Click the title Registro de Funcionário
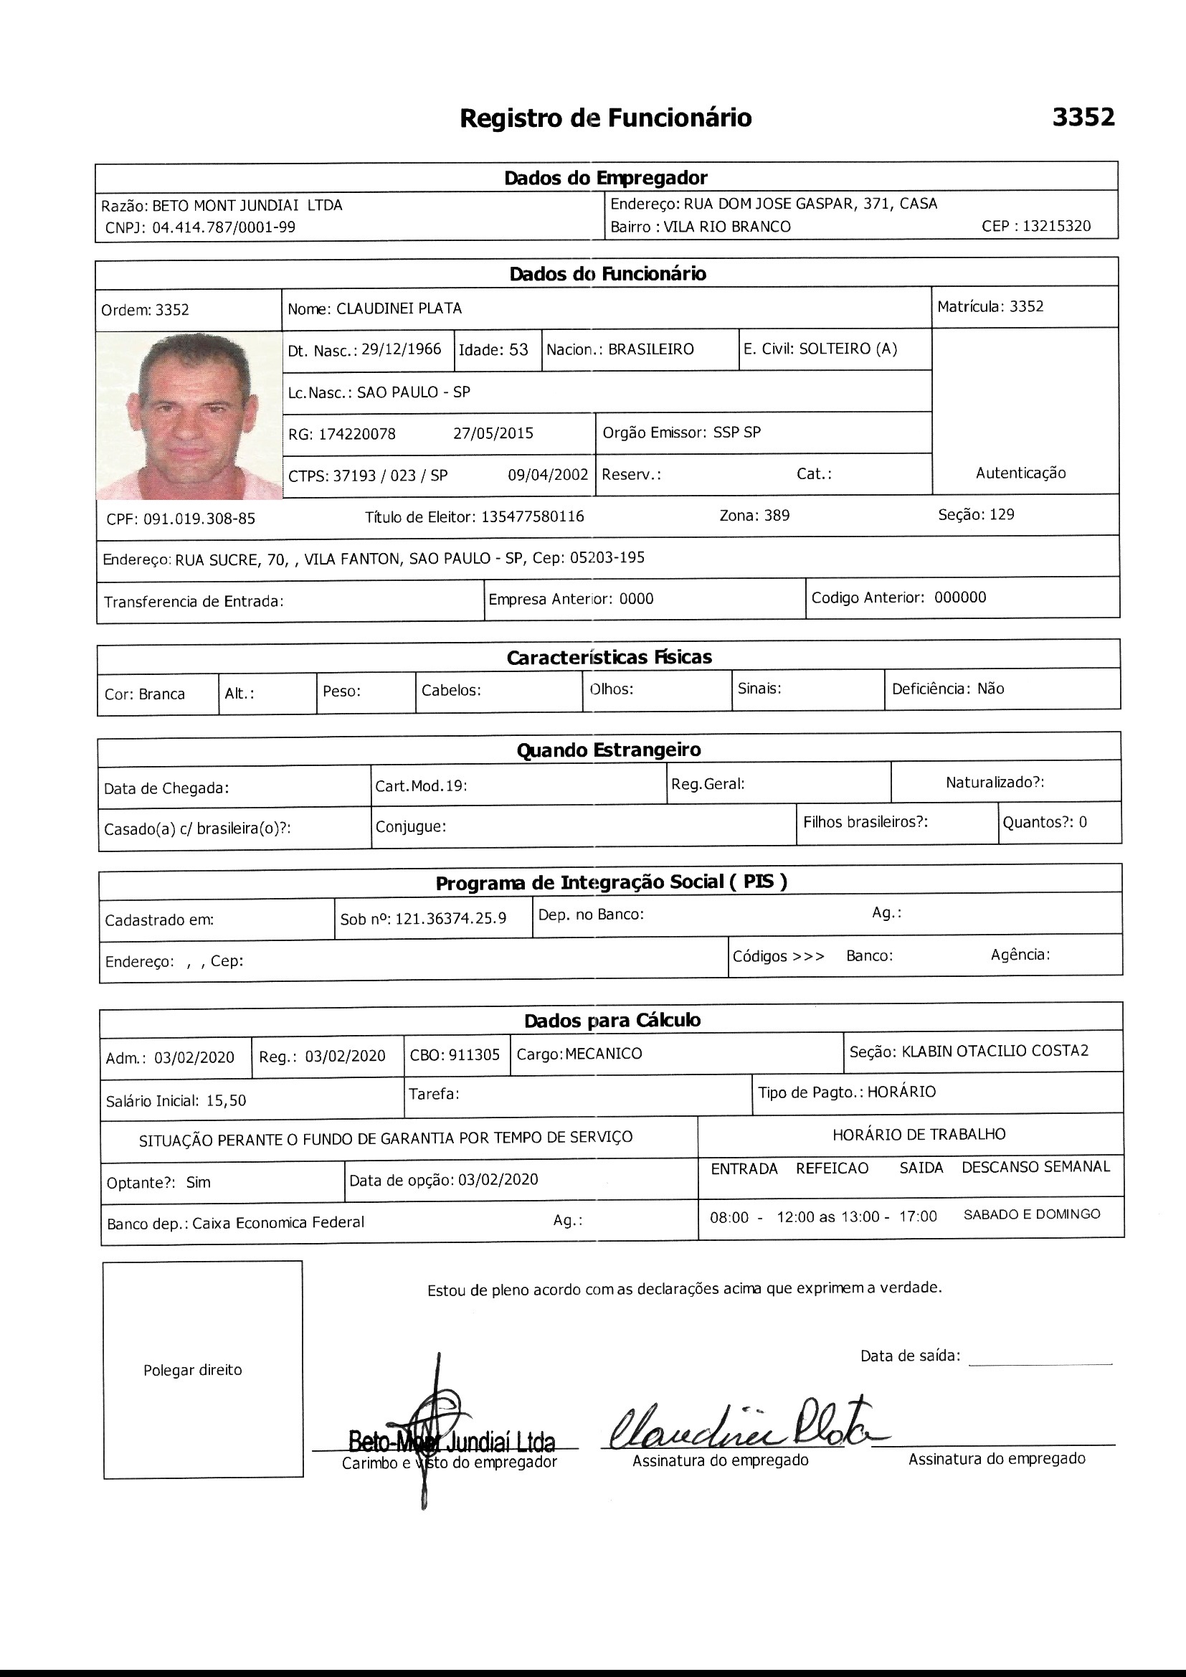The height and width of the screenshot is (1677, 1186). click(605, 118)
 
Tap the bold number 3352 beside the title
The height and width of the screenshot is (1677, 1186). click(1083, 117)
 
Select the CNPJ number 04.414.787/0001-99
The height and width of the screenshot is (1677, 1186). click(224, 227)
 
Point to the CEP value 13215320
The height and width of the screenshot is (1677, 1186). click(1056, 226)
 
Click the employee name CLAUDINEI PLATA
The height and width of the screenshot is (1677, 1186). click(399, 308)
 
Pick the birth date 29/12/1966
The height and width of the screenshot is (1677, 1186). click(401, 349)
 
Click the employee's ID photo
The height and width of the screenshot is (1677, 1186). click(189, 415)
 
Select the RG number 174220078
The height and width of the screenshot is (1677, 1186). click(357, 434)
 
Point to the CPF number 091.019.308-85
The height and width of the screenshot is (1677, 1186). click(199, 519)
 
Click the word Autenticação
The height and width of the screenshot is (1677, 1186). click(1020, 473)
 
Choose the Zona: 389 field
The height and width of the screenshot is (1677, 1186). click(754, 516)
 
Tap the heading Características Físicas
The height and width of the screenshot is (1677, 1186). click(609, 657)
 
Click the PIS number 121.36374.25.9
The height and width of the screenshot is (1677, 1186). click(450, 919)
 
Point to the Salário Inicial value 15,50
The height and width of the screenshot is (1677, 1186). click(227, 1101)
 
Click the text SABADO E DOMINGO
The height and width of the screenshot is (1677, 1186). click(1031, 1214)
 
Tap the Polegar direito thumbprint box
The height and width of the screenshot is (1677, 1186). click(202, 1370)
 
